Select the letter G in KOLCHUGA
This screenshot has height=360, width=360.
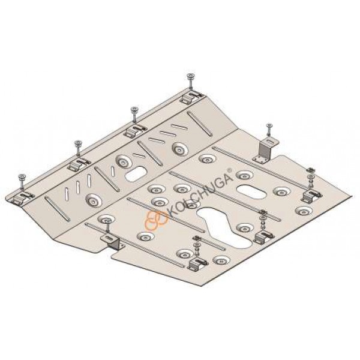(218, 180)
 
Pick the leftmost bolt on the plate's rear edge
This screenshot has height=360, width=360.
(22, 181)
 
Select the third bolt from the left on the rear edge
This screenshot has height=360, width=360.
(134, 114)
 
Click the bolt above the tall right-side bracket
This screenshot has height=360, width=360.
(269, 130)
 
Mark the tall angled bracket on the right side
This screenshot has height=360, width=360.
(266, 150)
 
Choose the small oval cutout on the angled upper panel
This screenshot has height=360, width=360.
(134, 174)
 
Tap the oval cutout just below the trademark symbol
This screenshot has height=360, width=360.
(251, 191)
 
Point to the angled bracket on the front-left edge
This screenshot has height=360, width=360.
(113, 242)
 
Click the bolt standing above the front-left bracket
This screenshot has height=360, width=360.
(107, 226)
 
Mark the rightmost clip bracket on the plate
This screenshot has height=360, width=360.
(312, 196)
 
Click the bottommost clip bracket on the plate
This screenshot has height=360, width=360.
(197, 263)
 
